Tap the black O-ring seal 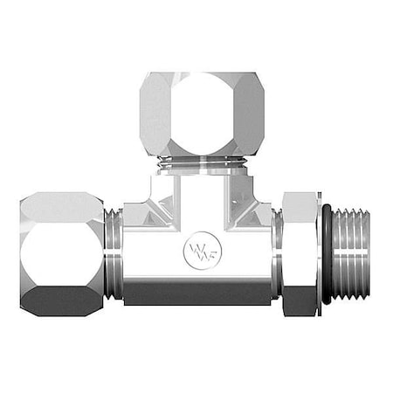click(325, 254)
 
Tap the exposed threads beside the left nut click(112, 254)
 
